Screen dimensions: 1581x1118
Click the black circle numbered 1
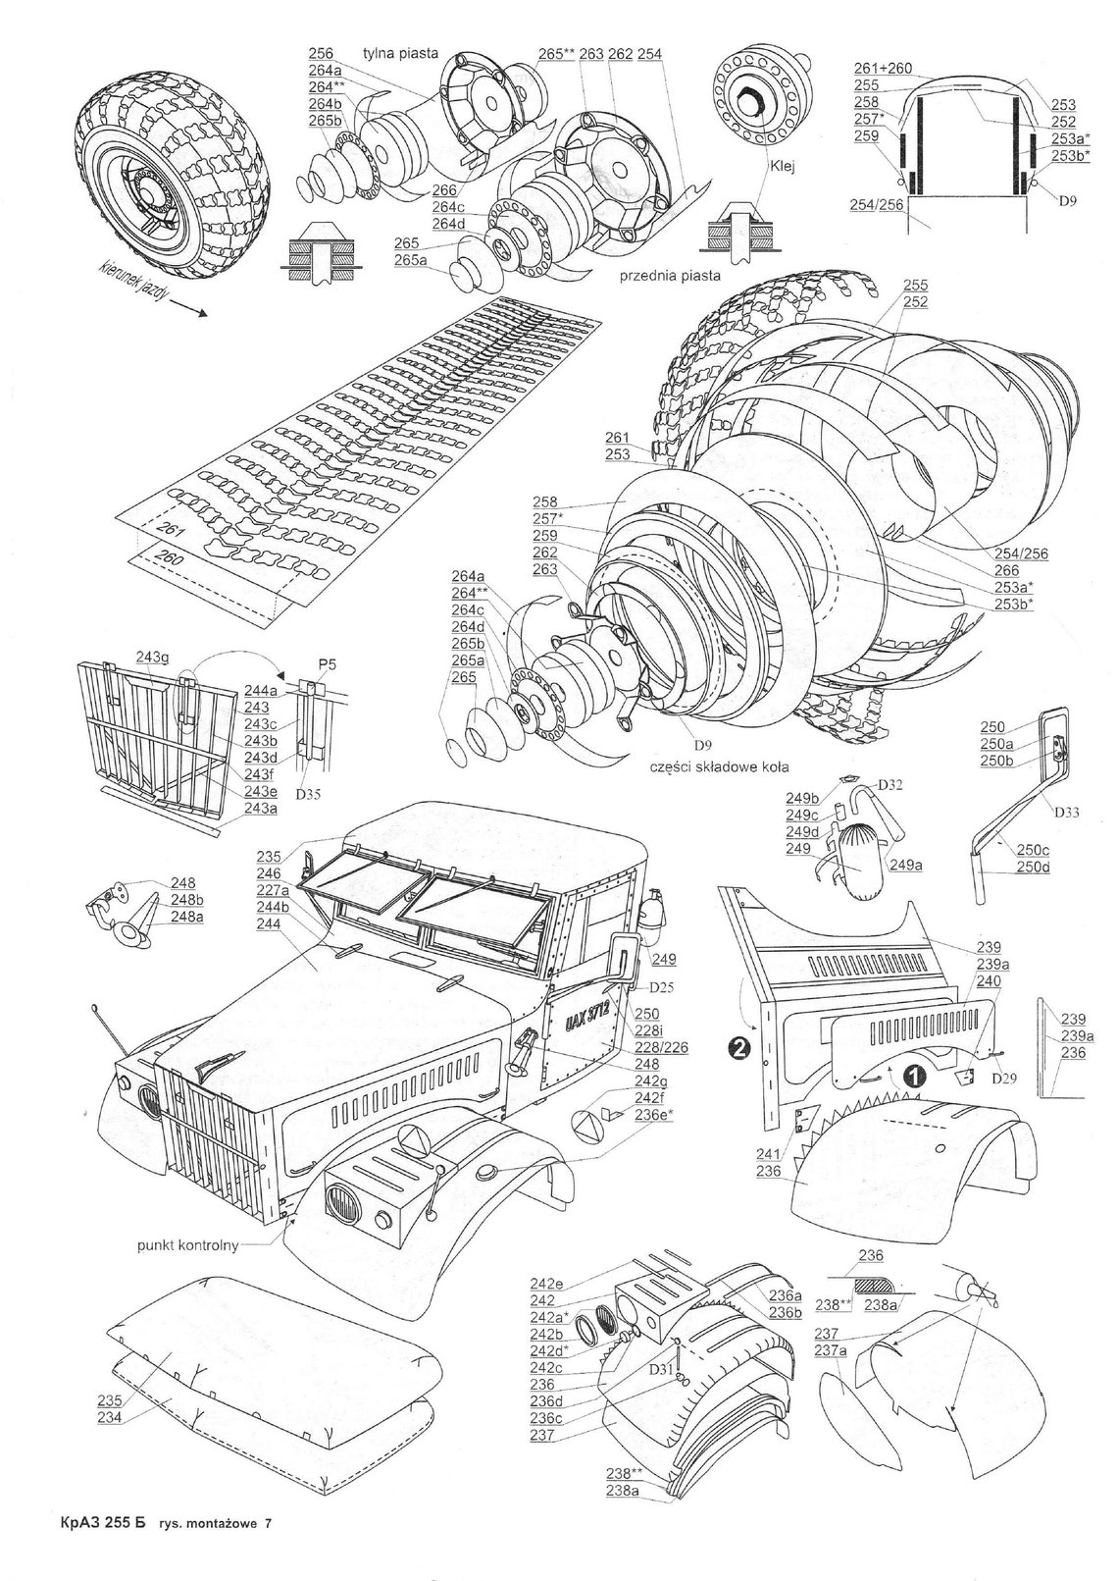912,1075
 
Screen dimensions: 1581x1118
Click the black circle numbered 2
741,1048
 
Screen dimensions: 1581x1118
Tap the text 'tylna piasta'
400,53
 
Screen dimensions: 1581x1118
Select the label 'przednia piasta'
670,276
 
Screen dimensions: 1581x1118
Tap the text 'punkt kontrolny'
186,1245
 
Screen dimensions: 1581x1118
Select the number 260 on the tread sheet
167,558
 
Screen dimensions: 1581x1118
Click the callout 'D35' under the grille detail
307,793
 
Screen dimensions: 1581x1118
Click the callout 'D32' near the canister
889,784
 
